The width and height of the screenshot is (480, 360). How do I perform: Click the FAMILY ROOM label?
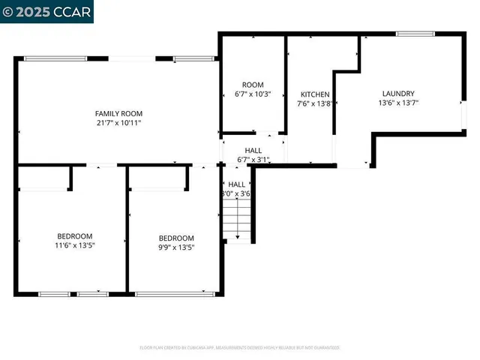[x=118, y=112]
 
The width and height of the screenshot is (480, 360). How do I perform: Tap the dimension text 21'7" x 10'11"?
[x=118, y=122]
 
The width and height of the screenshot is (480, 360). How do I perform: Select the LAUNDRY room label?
[x=398, y=94]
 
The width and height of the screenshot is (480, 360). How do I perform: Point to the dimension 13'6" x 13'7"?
[x=398, y=103]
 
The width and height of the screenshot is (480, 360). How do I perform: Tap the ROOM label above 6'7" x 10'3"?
[x=253, y=85]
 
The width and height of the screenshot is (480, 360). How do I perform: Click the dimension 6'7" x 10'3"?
[x=253, y=94]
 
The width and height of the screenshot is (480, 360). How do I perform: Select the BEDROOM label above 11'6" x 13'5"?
[x=74, y=235]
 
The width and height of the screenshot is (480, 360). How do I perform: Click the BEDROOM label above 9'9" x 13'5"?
[x=176, y=238]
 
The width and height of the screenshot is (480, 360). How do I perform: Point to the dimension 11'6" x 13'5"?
[x=74, y=244]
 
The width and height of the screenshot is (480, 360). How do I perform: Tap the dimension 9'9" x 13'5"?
[x=176, y=247]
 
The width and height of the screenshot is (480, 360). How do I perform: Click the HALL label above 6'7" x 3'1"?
[x=253, y=150]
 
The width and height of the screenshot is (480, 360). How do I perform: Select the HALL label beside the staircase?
[x=237, y=184]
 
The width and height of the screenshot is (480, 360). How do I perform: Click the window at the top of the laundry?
[x=415, y=33]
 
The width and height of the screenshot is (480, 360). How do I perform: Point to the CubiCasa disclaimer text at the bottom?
[x=240, y=347]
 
